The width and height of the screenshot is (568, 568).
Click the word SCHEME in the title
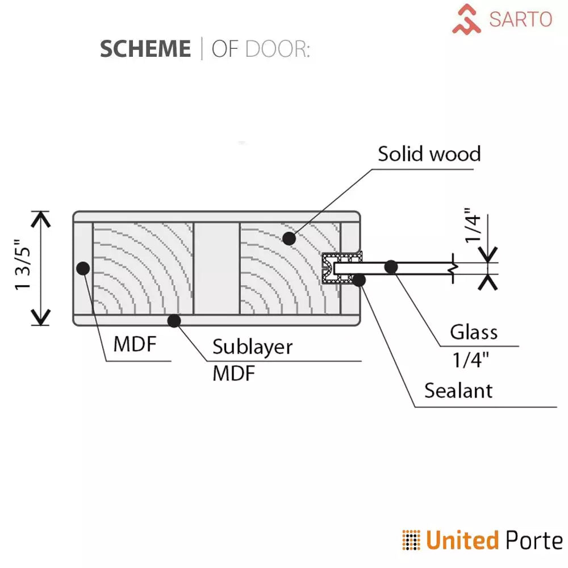pyautogui.click(x=145, y=49)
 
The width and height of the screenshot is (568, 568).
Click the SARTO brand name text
pyautogui.click(x=520, y=19)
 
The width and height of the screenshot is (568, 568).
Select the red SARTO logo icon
pyautogui.click(x=467, y=19)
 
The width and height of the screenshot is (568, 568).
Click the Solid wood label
pyautogui.click(x=429, y=154)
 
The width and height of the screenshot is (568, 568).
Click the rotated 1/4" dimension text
pyautogui.click(x=473, y=228)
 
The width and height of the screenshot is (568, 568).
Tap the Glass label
pyautogui.click(x=474, y=332)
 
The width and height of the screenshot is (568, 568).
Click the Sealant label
pyautogui.click(x=458, y=391)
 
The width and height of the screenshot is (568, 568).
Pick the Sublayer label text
pyautogui.click(x=253, y=346)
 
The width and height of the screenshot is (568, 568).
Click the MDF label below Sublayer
pyautogui.click(x=234, y=374)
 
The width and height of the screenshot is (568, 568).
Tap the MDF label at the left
pyautogui.click(x=135, y=344)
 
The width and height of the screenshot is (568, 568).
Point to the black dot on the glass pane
pyautogui.click(x=391, y=266)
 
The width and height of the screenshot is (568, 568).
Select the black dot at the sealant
pyautogui.click(x=359, y=279)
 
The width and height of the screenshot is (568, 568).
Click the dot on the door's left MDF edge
pyautogui.click(x=83, y=268)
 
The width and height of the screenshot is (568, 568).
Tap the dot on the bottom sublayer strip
pyautogui.click(x=174, y=321)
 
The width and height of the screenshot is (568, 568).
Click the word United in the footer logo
pyautogui.click(x=462, y=540)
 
